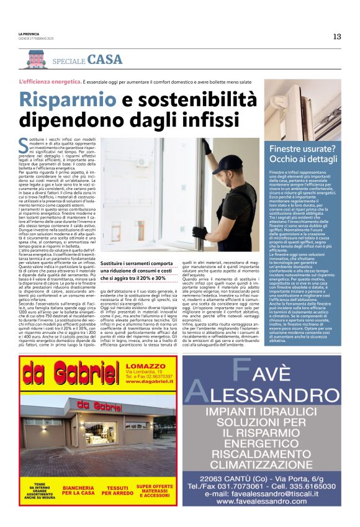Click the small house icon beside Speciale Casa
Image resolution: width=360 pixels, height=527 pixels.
pos(37,59)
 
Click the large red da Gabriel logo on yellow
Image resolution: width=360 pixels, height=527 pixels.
pos(61,374)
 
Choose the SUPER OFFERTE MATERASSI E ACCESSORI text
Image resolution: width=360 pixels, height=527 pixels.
pos(155,490)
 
